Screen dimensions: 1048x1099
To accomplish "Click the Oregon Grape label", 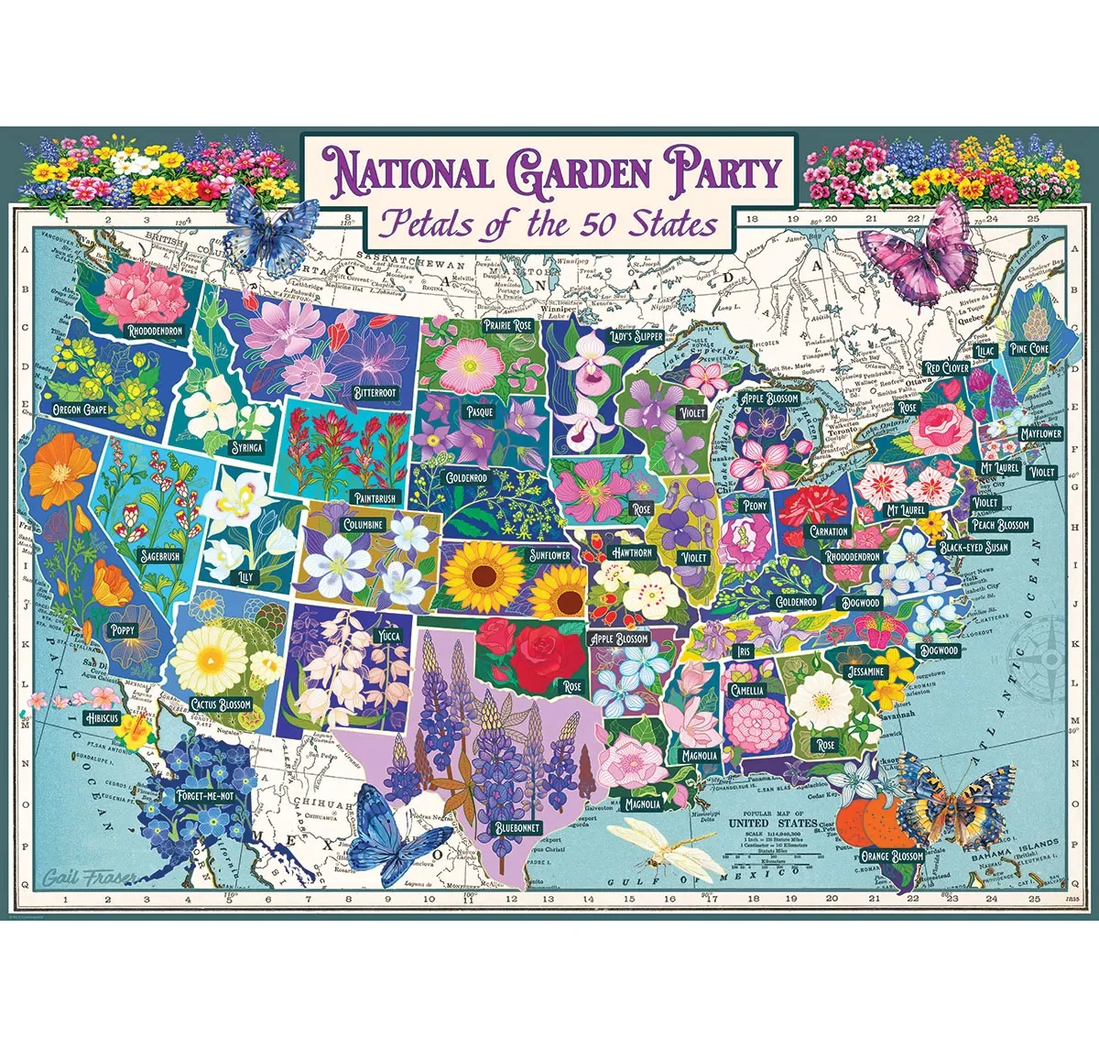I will [81, 409].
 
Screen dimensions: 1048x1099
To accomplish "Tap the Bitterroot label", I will [375, 393].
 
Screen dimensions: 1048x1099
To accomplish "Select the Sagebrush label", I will [160, 556].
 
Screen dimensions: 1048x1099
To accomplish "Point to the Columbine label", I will [364, 525].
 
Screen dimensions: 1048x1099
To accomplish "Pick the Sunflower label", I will [549, 555].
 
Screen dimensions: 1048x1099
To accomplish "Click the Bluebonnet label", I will [517, 827].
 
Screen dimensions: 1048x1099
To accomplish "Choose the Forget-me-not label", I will [206, 796].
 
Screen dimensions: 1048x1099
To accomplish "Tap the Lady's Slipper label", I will [637, 336].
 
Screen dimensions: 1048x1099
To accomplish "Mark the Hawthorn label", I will [632, 552].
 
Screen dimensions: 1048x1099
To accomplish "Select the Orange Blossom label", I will [893, 857].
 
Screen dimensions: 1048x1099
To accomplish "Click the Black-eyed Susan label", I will [974, 547].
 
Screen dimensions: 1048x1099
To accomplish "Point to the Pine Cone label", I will [1029, 349].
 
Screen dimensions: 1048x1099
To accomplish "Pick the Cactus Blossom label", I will [221, 704].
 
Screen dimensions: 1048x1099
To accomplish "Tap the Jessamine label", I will [865, 671].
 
